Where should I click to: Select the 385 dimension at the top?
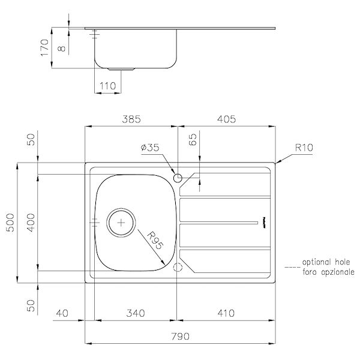pos(131,119)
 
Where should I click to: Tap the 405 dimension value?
pos(226,119)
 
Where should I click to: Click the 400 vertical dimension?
pos(32,222)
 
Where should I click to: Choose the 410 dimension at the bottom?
pos(226,313)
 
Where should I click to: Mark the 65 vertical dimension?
pos(193,141)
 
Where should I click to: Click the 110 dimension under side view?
pos(107,86)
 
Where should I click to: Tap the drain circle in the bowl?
pos(121,222)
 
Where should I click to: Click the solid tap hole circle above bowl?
pos(177,178)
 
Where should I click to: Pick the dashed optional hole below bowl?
pos(177,267)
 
